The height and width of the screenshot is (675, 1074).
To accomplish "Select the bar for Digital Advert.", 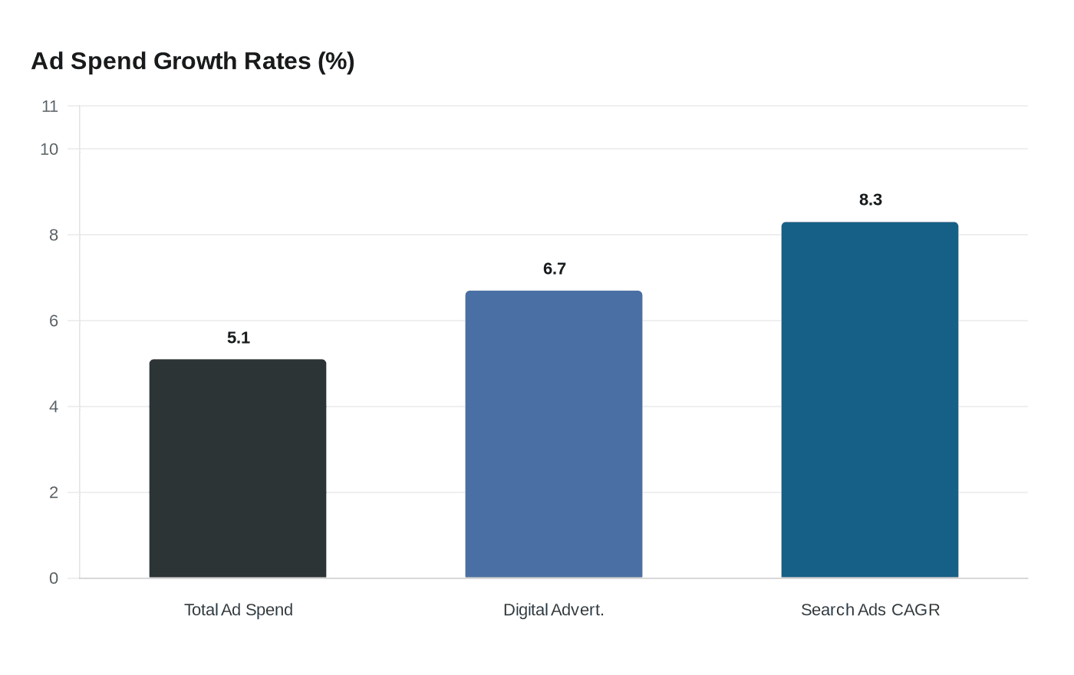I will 554,434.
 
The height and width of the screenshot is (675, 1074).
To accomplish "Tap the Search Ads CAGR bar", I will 870,400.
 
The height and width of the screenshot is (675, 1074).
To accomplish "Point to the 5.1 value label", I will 239,337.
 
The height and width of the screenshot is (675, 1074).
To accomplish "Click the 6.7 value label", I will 555,268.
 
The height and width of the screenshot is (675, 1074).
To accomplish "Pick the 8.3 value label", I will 871,199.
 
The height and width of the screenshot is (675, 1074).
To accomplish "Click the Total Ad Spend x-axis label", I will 239,610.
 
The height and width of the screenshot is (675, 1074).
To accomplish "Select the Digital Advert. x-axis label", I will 554,610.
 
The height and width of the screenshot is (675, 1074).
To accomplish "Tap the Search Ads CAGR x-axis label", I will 870,610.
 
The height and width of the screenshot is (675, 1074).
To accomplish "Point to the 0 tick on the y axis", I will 54,578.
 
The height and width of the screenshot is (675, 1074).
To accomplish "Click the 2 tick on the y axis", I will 54,492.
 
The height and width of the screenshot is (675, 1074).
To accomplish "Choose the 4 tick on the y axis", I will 54,407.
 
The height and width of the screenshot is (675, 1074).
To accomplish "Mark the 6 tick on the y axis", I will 54,321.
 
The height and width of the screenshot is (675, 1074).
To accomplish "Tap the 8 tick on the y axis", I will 54,235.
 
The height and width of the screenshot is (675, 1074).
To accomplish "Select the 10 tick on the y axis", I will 49,149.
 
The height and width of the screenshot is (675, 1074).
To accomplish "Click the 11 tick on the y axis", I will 50,106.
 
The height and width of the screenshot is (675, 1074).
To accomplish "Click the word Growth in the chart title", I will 195,61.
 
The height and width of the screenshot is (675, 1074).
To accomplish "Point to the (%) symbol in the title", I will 336,61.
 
